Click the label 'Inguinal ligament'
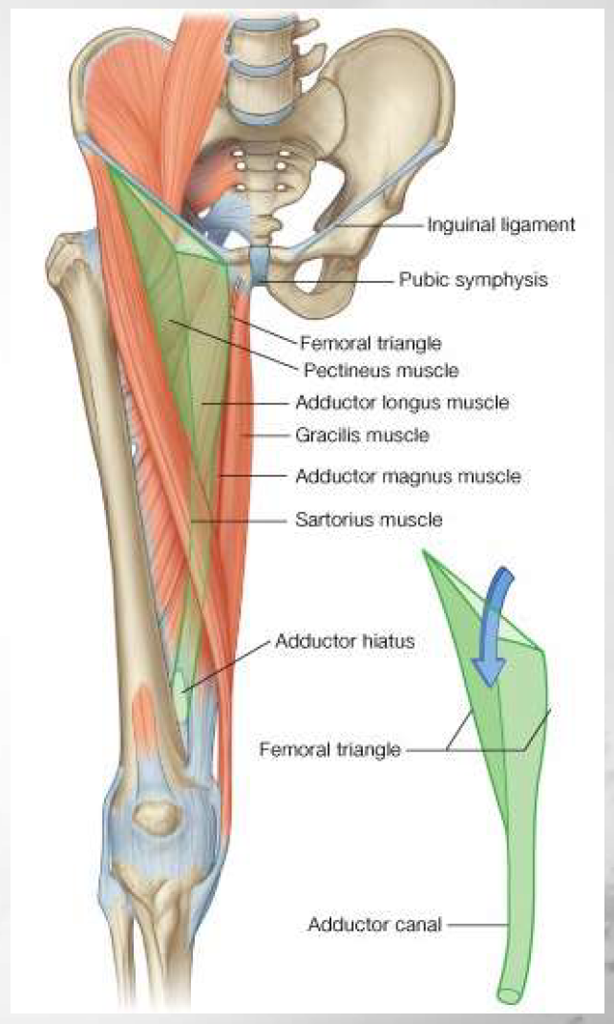coord(500,225)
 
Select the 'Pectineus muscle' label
coord(380,369)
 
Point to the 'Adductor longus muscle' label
coord(401,402)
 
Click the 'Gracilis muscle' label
coord(362,435)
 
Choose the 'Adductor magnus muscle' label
coord(408,475)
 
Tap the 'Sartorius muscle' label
coord(369,521)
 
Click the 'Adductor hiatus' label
coord(345,641)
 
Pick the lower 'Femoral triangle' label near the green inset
coord(329,750)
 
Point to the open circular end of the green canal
coord(510,994)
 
